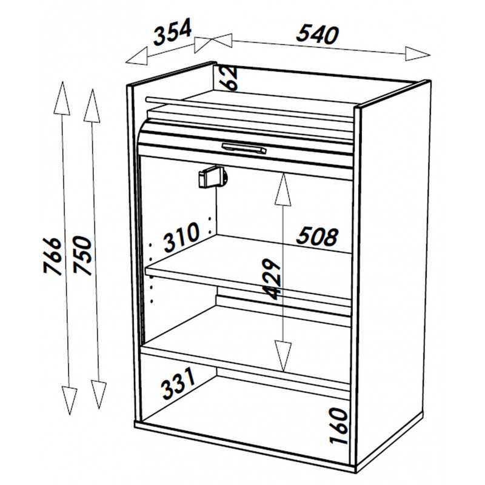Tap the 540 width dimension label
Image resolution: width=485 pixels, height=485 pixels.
pos(317,34)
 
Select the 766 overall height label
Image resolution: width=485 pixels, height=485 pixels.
pos(52,255)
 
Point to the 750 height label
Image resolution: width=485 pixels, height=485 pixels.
pos(82,255)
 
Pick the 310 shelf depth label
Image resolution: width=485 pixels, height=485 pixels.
pos(181,236)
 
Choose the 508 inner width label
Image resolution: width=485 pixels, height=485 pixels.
pos(317,236)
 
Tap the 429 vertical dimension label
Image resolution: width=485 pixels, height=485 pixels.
pos(271,279)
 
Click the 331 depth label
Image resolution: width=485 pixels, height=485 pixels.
pos(178,383)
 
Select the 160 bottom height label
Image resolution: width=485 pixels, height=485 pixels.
pos(338,426)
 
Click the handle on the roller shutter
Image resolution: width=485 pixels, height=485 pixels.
pos(244,148)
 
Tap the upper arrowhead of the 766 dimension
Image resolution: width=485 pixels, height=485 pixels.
pos(62,98)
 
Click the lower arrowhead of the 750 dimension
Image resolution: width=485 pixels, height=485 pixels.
pos(99,395)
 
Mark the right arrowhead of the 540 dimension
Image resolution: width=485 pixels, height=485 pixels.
pos(418,54)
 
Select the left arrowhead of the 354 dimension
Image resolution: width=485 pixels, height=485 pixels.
pos(137,57)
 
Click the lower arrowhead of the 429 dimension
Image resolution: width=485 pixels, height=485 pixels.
pos(283,356)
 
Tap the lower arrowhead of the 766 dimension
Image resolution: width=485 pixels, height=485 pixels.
pos(69,401)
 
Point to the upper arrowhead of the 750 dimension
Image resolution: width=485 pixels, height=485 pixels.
pos(92,105)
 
